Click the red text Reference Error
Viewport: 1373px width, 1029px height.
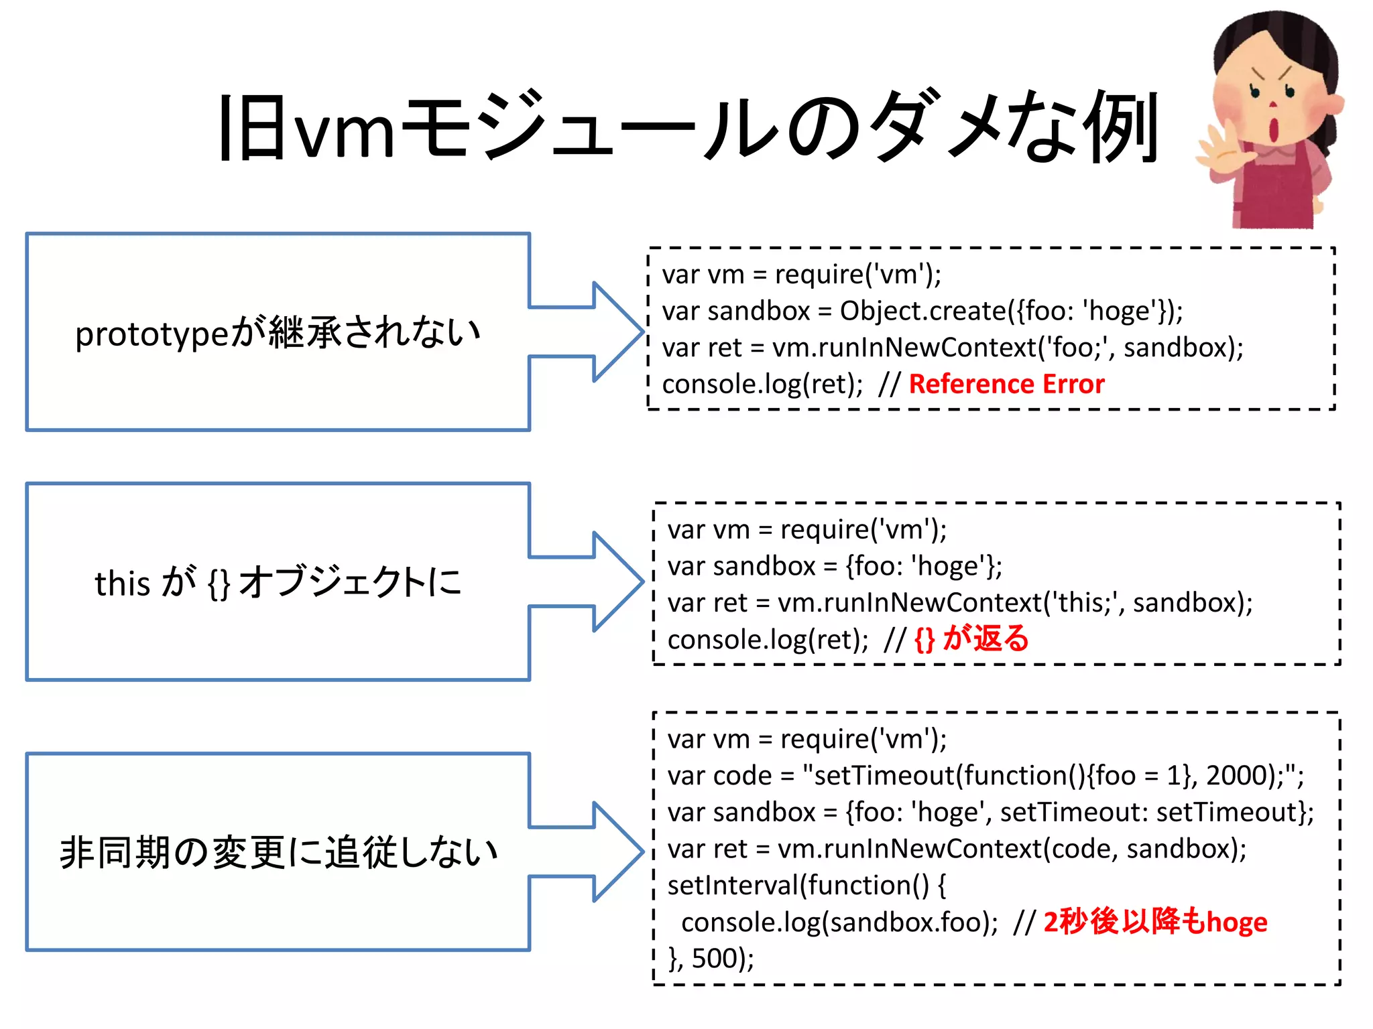1006,385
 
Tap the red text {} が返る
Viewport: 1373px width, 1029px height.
971,639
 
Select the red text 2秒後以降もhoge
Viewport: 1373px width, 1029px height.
1154,922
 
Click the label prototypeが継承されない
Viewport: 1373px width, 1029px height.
278,333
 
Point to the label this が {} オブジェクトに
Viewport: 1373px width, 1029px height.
278,582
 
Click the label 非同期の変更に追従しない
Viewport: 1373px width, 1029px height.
278,853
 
